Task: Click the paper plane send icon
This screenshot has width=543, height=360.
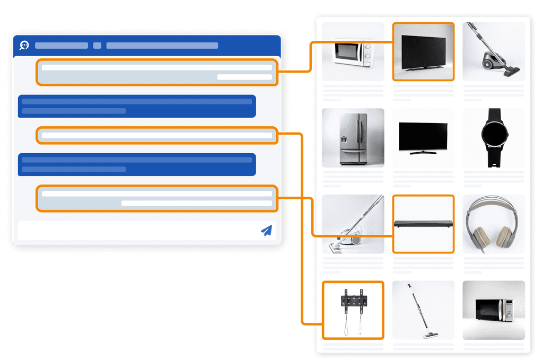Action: pyautogui.click(x=266, y=230)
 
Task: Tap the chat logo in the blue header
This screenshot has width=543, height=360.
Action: pyautogui.click(x=24, y=45)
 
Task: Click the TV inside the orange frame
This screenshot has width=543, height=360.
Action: pyautogui.click(x=423, y=51)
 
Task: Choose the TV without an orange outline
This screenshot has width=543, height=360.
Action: pyautogui.click(x=423, y=137)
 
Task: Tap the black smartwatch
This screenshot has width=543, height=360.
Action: pyautogui.click(x=494, y=137)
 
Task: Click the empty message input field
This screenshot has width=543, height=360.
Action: pyautogui.click(x=138, y=230)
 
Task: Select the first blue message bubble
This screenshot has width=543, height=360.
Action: pyautogui.click(x=137, y=106)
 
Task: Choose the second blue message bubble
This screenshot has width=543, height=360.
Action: pyautogui.click(x=137, y=164)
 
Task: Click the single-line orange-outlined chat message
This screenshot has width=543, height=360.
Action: pyautogui.click(x=157, y=135)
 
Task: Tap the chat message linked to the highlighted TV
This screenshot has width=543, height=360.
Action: pyautogui.click(x=157, y=72)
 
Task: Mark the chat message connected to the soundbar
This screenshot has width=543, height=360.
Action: pyautogui.click(x=157, y=198)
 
